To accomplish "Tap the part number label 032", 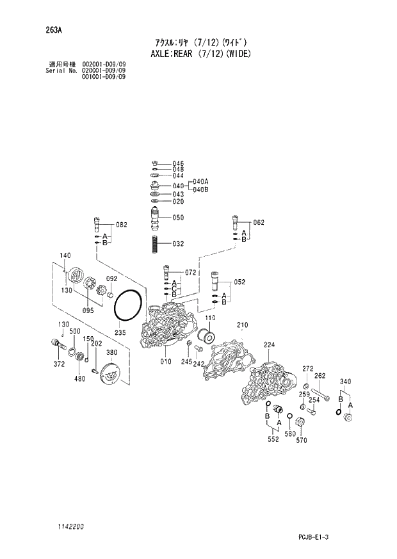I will tap(178, 244).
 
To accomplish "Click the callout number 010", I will tap(166, 362).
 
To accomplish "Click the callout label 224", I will tap(269, 345).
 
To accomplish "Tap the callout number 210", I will tap(242, 325).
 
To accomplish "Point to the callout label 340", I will tap(346, 382).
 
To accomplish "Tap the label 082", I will tap(122, 225).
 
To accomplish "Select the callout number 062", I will tap(259, 223).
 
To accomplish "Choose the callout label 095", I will tap(88, 311).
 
